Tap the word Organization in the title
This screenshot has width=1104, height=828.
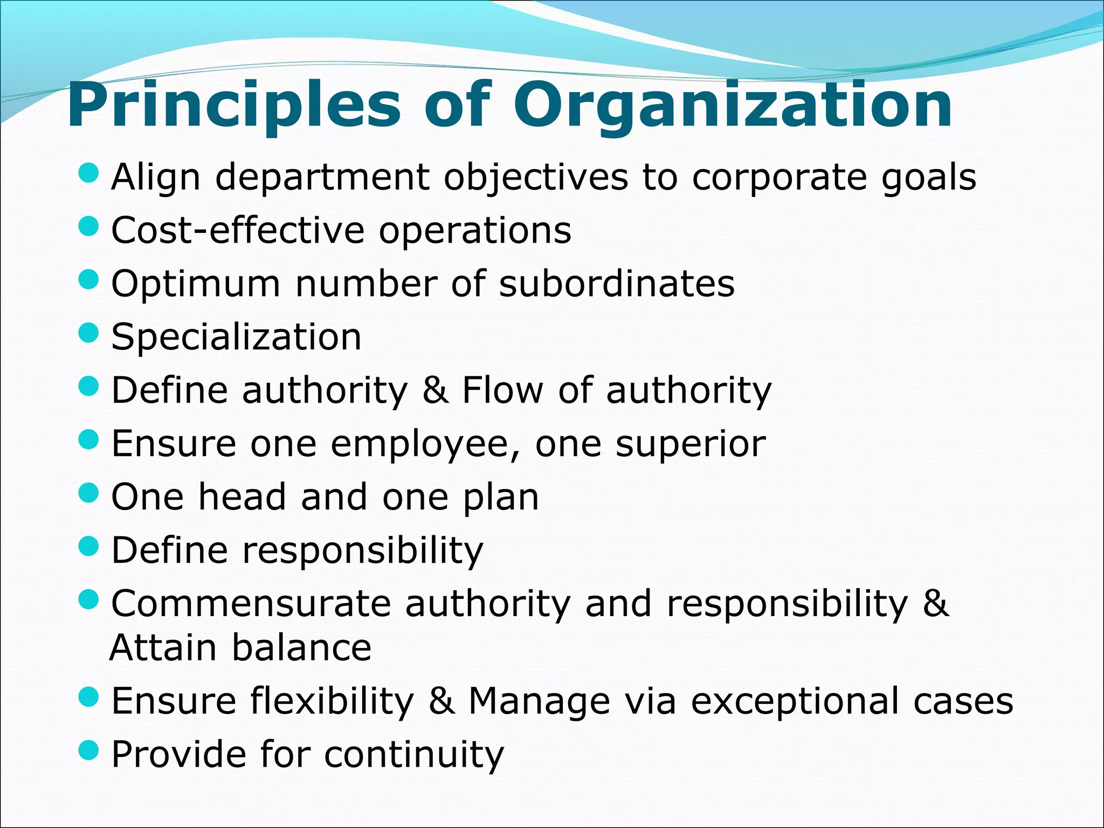click(x=733, y=105)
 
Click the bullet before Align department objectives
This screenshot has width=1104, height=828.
click(x=88, y=174)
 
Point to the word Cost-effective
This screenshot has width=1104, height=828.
click(x=238, y=230)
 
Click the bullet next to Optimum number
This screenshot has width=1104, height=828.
click(x=88, y=280)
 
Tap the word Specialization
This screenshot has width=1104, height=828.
click(x=236, y=337)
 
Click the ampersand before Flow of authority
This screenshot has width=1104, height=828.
click(x=435, y=390)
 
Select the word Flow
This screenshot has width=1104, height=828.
click(x=502, y=390)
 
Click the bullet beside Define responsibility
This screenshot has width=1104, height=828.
click(x=88, y=547)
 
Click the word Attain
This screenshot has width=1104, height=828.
click(x=163, y=647)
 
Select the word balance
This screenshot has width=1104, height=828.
click(x=302, y=647)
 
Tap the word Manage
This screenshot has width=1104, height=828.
click(x=539, y=701)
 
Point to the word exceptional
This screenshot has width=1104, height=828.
click(x=795, y=702)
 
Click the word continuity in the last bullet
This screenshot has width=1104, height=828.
click(x=414, y=754)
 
